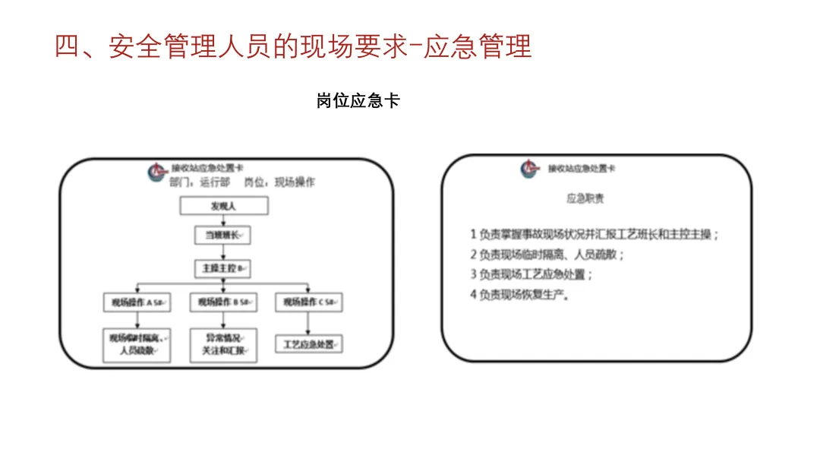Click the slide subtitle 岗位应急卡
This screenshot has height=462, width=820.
pos(358,101)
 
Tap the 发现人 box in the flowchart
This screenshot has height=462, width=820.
pos(223,206)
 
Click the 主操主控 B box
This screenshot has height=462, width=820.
pos(222,268)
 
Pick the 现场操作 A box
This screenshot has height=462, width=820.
pos(137,302)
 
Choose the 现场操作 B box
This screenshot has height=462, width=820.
pos(223,302)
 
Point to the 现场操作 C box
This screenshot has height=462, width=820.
pos(308,302)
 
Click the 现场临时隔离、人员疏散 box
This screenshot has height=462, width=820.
pos(137,344)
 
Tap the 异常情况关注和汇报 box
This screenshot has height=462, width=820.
pos(223,344)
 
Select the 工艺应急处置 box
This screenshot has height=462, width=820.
pos(308,344)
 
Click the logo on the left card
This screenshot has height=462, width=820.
pos(158,172)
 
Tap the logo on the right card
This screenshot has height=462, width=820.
pos(529,169)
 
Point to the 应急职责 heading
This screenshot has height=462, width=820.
pos(585,199)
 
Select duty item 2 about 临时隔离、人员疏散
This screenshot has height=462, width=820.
pos(547,255)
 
